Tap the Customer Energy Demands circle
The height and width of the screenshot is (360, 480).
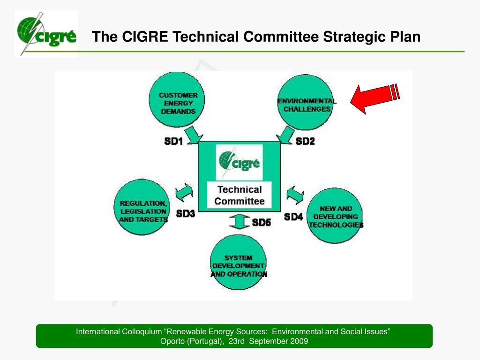178,103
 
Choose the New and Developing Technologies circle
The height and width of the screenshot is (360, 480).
335,216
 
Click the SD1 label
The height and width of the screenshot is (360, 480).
173,141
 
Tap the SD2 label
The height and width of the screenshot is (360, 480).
305,141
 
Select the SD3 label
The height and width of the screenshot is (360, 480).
186,214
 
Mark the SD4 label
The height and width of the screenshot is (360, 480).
293,217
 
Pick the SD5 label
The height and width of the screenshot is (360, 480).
262,223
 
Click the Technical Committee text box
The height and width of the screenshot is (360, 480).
240,195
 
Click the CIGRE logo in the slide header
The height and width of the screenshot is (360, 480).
46,34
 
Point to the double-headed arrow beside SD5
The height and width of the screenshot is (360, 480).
239,221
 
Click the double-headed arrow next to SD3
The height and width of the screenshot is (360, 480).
184,193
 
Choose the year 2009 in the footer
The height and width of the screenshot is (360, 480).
299,341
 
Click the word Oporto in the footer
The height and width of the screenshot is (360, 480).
172,341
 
